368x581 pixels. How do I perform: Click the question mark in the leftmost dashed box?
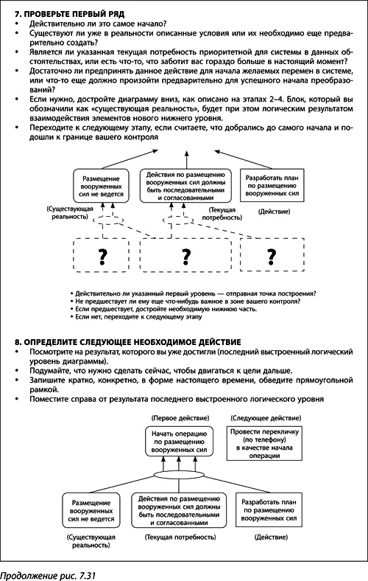[93, 256]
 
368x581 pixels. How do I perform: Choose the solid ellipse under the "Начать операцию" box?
[182, 476]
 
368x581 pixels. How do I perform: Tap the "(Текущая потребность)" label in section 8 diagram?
[181, 539]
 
